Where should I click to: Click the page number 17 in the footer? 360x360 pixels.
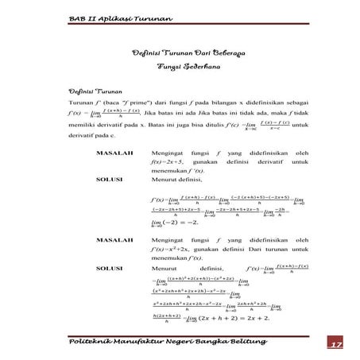[x=335, y=343]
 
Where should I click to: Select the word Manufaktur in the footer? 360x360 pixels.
[x=141, y=342]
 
